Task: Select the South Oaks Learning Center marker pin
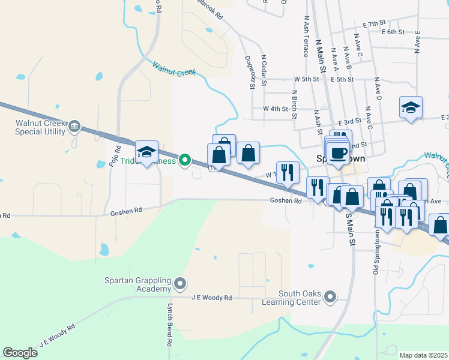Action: (330, 296)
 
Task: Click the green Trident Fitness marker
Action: (185, 160)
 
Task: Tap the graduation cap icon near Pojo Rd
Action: (146, 152)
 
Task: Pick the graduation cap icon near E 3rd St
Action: (411, 108)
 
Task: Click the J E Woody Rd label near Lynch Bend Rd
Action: (211, 298)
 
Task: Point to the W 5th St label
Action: (306, 79)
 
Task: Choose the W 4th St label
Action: (276, 109)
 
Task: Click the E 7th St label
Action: (373, 23)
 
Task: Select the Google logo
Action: (20, 352)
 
